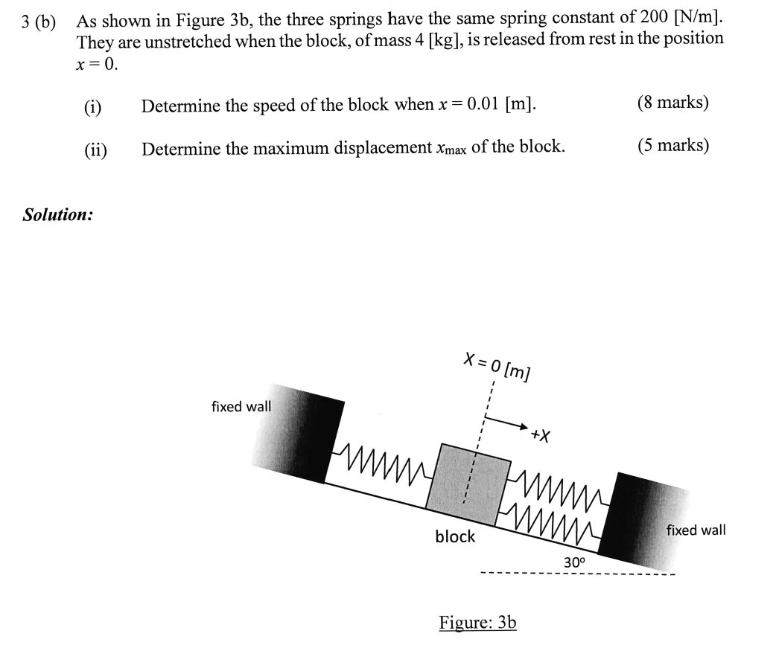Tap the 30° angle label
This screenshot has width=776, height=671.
[x=574, y=562]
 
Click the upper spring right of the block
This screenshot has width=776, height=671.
[x=559, y=487]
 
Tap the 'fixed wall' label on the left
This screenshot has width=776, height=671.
[x=241, y=407]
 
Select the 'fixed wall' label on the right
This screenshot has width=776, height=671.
[x=696, y=530]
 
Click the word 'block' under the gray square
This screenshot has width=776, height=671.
[x=455, y=536]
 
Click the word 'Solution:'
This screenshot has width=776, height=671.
[x=58, y=215]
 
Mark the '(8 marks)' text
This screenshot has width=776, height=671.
[x=672, y=103]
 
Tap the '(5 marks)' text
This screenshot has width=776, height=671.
[x=672, y=145]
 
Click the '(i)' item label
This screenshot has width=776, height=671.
[x=93, y=106]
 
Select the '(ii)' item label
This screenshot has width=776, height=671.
[x=95, y=150]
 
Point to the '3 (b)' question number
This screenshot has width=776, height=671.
[x=39, y=21]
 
